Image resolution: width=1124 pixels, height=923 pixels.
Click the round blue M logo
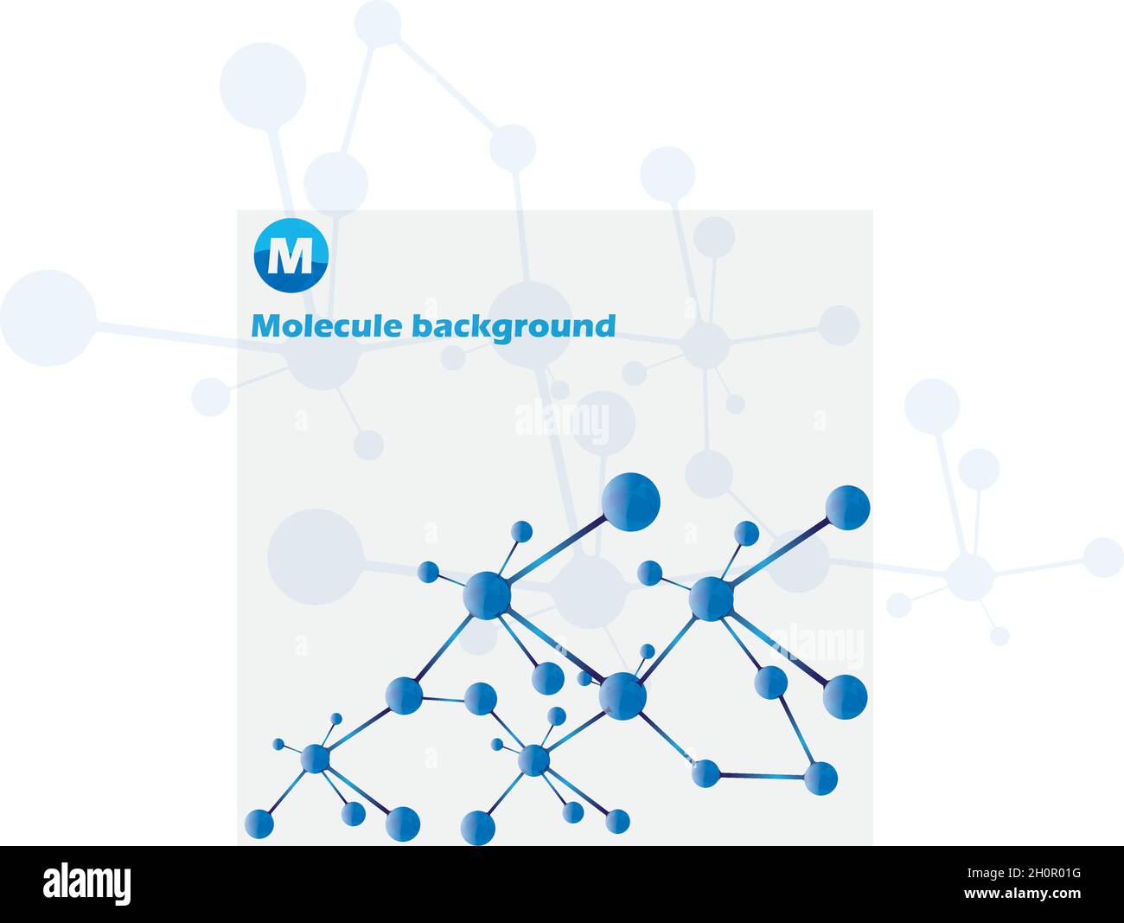(x=291, y=255)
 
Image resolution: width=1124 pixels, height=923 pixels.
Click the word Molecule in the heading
(x=327, y=327)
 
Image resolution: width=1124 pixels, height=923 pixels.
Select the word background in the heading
(x=514, y=328)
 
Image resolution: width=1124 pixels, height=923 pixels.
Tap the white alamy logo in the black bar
(x=86, y=884)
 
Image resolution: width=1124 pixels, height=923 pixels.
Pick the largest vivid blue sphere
(x=630, y=502)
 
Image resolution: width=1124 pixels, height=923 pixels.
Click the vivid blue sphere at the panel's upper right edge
(x=847, y=508)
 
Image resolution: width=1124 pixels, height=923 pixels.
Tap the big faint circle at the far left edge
(x=48, y=317)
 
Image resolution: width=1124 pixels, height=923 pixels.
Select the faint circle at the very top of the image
(x=378, y=23)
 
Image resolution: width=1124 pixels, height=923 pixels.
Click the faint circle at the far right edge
(x=1102, y=557)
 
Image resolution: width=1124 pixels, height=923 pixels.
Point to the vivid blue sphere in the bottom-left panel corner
(x=259, y=824)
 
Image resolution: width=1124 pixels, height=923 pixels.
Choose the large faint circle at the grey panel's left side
(x=315, y=556)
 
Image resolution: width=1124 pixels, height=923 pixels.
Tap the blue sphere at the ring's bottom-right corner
(x=820, y=778)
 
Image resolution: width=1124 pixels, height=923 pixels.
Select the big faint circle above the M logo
(x=263, y=87)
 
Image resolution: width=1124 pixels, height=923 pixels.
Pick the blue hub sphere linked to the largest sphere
(x=487, y=595)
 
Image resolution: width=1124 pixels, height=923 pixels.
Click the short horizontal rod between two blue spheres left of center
(x=443, y=698)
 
